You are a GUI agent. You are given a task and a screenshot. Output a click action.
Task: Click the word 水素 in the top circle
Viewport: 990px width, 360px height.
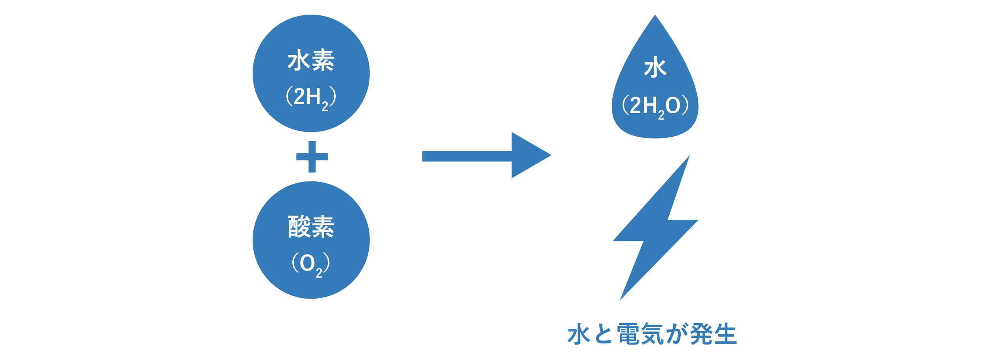click(311, 60)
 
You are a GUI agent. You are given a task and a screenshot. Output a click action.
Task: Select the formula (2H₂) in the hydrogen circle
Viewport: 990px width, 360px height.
click(311, 97)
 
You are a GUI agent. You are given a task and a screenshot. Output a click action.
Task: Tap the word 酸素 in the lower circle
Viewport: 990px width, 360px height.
click(311, 227)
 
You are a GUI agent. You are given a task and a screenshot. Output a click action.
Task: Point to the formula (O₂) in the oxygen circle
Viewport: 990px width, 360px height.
click(311, 264)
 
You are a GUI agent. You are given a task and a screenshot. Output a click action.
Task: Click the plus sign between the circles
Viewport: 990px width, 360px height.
click(312, 157)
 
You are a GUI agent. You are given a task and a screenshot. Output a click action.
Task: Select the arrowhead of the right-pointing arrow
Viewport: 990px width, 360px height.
click(529, 155)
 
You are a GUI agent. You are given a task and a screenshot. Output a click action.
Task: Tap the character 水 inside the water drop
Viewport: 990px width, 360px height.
click(655, 67)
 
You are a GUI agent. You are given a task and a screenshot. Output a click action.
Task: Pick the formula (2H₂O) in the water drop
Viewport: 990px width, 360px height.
click(655, 106)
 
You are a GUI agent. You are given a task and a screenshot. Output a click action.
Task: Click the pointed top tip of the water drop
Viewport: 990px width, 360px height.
click(655, 17)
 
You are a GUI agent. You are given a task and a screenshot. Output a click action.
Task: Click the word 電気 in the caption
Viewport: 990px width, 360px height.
click(640, 334)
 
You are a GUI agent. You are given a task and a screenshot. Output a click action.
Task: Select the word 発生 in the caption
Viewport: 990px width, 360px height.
click(713, 334)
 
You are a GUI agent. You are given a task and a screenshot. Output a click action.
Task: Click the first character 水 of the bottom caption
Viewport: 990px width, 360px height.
click(579, 334)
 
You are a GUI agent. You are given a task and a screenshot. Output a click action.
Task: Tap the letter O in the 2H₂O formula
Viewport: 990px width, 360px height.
click(673, 105)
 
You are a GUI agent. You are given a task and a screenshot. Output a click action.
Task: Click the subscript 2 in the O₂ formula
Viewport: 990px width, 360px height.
click(319, 273)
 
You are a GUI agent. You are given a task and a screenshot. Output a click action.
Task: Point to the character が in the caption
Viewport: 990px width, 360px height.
click(676, 334)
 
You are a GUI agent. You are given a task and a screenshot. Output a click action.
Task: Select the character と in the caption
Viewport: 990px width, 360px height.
click(604, 334)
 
